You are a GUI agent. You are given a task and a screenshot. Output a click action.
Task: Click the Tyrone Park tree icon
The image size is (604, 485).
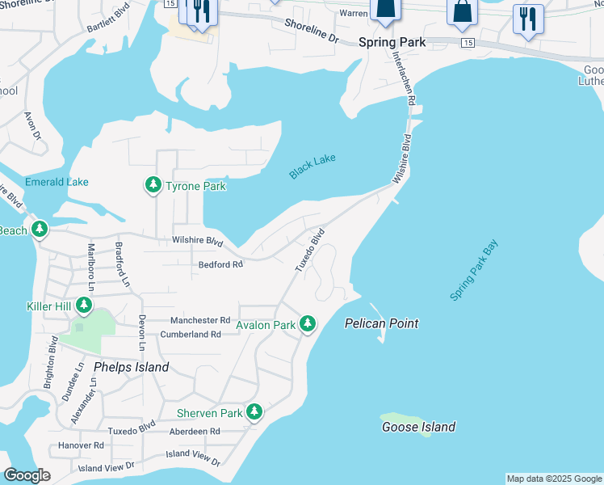pyautogui.click(x=153, y=186)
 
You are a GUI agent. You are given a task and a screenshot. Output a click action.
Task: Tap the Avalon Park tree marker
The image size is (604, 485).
pyautogui.click(x=307, y=324)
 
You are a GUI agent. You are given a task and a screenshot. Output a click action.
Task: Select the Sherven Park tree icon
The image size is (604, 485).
pyautogui.click(x=254, y=412)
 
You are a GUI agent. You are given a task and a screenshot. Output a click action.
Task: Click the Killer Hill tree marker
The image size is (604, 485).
pyautogui.click(x=83, y=306)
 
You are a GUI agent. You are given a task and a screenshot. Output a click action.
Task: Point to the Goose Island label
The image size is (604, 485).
pyautogui.click(x=418, y=427)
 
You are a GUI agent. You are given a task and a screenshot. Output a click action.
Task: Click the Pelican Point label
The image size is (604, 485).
pyautogui.click(x=382, y=323)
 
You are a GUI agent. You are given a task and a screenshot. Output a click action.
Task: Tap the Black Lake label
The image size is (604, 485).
pyautogui.click(x=312, y=167)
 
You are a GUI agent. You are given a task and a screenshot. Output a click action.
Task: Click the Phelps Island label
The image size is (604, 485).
pyautogui.click(x=131, y=367)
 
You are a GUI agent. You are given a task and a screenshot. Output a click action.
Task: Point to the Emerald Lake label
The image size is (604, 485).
pyautogui.click(x=57, y=182)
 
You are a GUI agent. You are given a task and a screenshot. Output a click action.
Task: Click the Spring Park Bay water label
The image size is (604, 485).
pyautogui.click(x=474, y=270)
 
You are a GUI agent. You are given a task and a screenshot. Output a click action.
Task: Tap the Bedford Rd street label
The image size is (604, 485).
pyautogui.click(x=220, y=264)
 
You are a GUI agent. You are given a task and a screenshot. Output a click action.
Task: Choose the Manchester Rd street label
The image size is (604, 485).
pyautogui.click(x=201, y=319)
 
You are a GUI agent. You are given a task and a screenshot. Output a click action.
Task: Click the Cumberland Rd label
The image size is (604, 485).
pyautogui.click(x=191, y=334)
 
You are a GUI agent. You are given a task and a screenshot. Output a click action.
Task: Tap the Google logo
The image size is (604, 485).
pyautogui.click(x=27, y=476)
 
